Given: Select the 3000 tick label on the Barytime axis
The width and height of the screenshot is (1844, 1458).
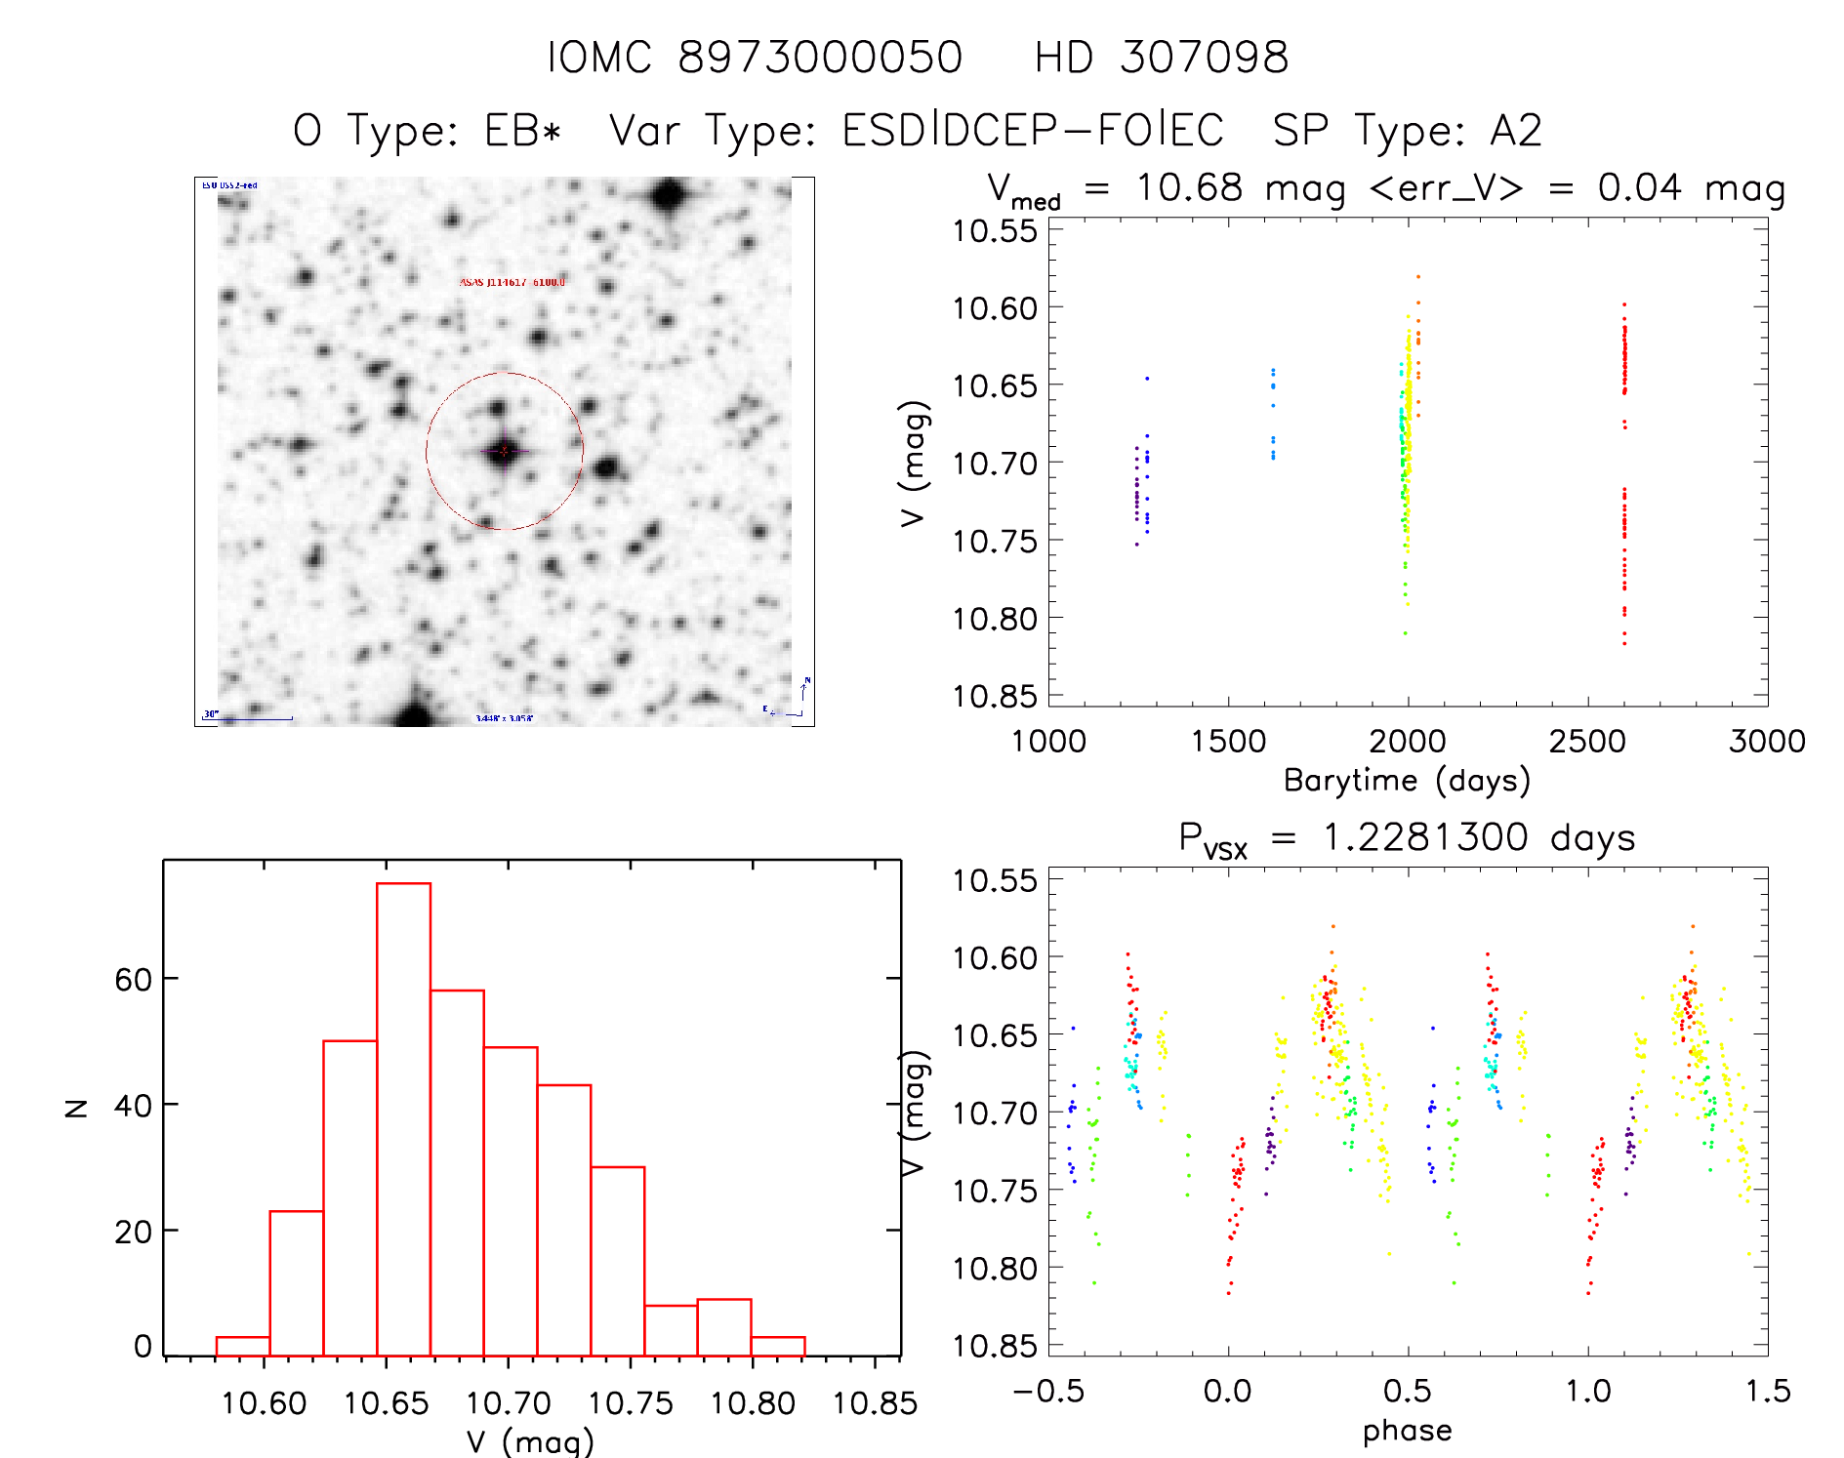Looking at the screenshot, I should (x=1767, y=742).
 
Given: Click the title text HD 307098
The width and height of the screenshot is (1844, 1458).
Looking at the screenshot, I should (x=1162, y=58).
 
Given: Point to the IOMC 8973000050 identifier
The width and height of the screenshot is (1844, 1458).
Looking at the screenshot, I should (x=755, y=58).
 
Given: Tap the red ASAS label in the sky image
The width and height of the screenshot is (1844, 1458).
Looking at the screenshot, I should (x=512, y=283).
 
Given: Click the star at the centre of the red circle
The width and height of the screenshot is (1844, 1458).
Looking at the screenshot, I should (x=504, y=451).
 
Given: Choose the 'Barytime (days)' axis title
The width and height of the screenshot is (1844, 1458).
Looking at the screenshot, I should (x=1406, y=781).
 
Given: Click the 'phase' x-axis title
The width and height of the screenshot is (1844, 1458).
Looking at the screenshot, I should (x=1407, y=1431).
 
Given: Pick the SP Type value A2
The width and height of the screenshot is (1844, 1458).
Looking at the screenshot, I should (x=1515, y=131).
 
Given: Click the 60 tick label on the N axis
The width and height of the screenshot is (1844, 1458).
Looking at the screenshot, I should (x=133, y=979).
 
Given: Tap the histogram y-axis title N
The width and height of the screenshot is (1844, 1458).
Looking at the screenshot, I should (x=76, y=1107).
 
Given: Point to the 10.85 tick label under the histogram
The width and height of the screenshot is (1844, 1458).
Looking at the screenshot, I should (x=875, y=1403).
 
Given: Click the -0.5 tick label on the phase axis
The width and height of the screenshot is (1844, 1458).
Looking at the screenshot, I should (x=1048, y=1392).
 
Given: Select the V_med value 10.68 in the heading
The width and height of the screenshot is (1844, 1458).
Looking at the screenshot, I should (x=1189, y=187).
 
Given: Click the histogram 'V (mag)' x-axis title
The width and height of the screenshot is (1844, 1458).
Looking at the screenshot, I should (x=530, y=1440).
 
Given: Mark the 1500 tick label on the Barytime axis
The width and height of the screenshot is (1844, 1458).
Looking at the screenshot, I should (x=1228, y=742).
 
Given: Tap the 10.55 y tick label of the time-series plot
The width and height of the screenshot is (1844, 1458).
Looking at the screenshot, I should (x=996, y=231).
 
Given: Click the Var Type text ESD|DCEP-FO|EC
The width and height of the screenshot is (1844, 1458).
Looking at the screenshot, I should (x=1033, y=131).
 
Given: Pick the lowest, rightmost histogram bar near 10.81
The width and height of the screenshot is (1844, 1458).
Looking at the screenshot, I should (x=778, y=1347).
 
